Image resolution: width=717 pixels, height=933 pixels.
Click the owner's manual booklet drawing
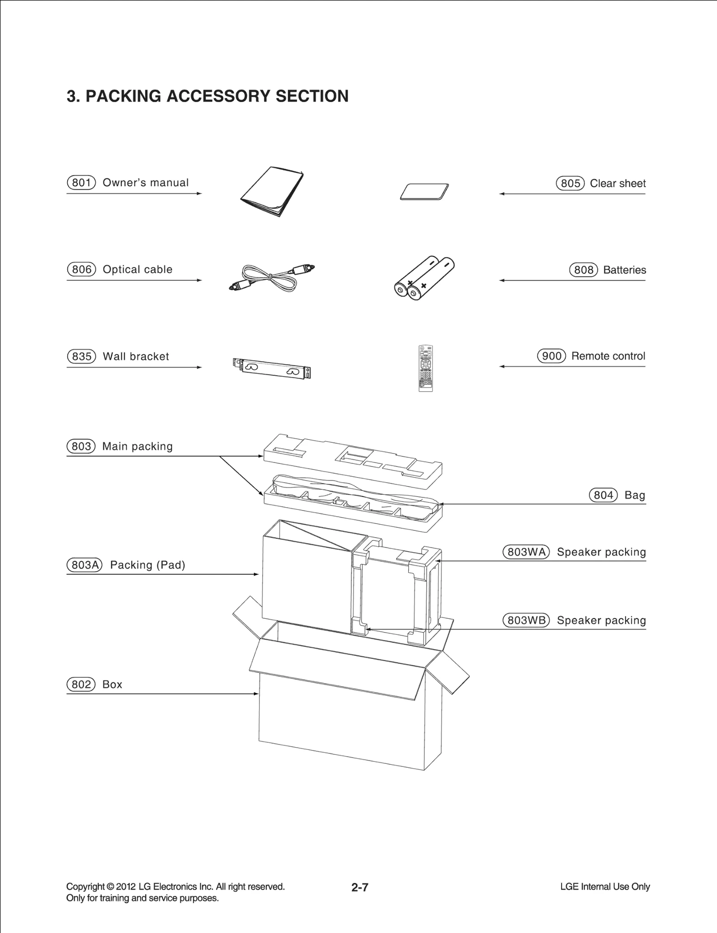(272, 192)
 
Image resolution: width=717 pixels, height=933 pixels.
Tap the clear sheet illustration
(424, 192)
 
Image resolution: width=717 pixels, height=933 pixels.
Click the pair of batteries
(424, 278)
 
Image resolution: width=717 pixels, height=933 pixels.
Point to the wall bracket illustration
(272, 368)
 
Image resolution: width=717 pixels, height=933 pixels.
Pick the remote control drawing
(426, 368)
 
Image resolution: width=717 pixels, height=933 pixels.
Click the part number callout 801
(81, 183)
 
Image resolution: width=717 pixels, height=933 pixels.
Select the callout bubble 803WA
(526, 552)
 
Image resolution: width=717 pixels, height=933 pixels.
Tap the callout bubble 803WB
(526, 621)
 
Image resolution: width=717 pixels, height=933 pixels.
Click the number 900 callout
(552, 356)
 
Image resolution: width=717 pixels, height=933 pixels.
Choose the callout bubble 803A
(85, 565)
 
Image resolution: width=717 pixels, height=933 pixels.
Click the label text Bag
(635, 495)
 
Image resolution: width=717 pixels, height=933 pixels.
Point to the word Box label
(112, 685)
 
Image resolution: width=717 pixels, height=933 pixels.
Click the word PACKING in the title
(123, 96)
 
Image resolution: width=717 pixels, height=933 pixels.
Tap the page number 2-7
(359, 887)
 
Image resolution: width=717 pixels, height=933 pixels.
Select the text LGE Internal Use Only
(605, 887)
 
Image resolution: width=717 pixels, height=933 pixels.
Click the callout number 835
(82, 356)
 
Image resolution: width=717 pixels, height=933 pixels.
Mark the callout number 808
(583, 270)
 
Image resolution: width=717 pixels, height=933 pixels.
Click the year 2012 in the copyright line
(125, 887)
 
